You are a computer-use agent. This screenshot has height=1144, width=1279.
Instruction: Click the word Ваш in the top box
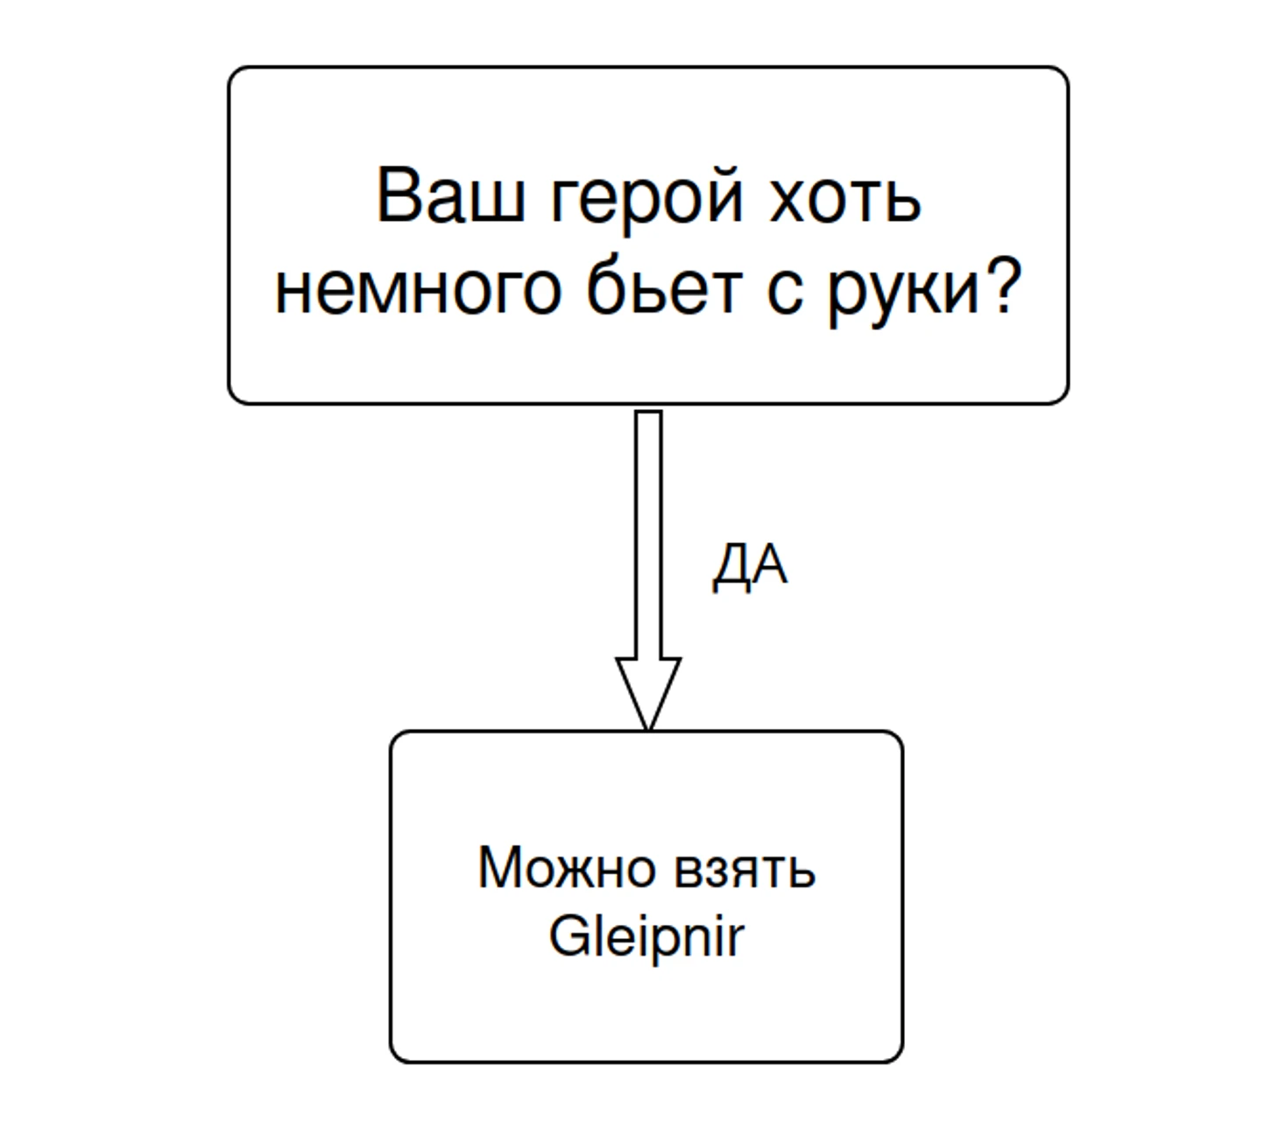[449, 194]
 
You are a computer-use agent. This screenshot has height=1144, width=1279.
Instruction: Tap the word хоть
[844, 194]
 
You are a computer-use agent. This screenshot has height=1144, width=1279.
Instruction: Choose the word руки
[902, 293]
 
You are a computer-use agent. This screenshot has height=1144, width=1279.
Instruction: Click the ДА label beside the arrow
[750, 566]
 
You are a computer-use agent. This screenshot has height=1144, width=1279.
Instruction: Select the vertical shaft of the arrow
[648, 534]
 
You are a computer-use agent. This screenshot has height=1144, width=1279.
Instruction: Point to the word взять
[745, 871]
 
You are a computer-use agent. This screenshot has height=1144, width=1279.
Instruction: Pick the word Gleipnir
[647, 937]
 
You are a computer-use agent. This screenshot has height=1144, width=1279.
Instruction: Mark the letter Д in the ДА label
[730, 568]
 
